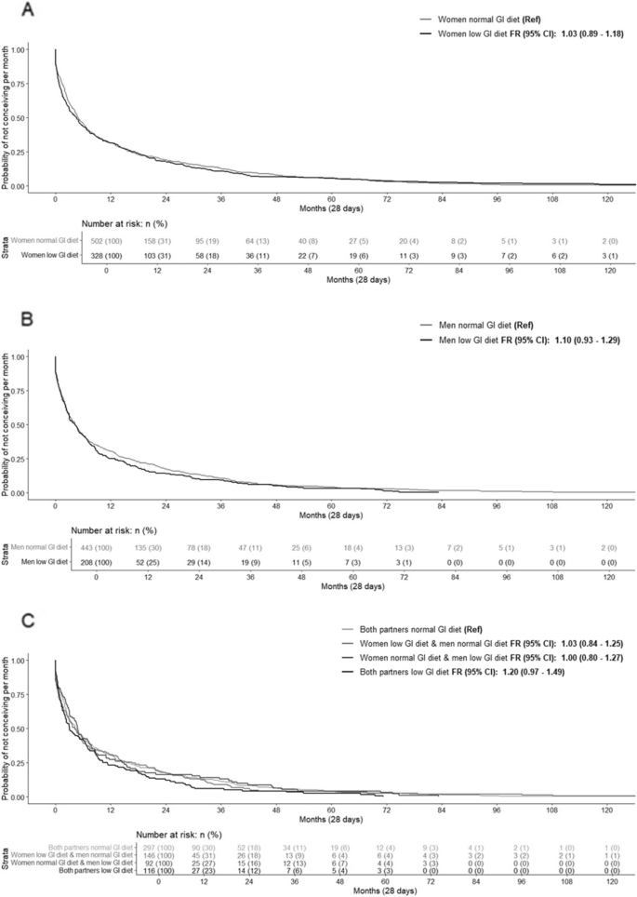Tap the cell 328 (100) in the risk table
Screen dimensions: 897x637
(x=107, y=255)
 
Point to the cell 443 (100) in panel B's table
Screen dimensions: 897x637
(x=95, y=546)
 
